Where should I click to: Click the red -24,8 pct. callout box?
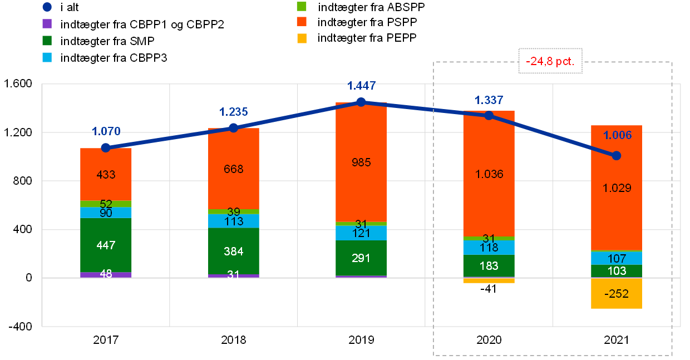pos(550,61)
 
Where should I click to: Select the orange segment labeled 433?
pos(106,174)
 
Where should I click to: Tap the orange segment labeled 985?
pos(361,162)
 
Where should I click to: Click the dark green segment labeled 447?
pos(106,245)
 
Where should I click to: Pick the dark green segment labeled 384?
pos(234,251)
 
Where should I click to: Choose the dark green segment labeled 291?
pos(361,258)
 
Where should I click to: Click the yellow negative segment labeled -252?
pos(617,293)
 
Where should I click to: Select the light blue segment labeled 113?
pos(234,221)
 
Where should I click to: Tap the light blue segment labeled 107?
pos(617,258)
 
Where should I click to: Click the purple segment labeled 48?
pos(106,275)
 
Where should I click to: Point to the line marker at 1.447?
pos(361,102)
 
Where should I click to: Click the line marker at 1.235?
pos(234,128)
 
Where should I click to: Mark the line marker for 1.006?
pos(617,156)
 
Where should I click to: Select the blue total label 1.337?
pos(489,100)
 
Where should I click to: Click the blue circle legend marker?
pos(47,7)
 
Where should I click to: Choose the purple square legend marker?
pos(47,24)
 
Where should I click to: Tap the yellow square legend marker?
pos(302,38)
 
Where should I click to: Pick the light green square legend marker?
pos(302,7)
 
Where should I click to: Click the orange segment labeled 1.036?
pos(489,174)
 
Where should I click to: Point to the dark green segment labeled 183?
pos(489,265)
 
